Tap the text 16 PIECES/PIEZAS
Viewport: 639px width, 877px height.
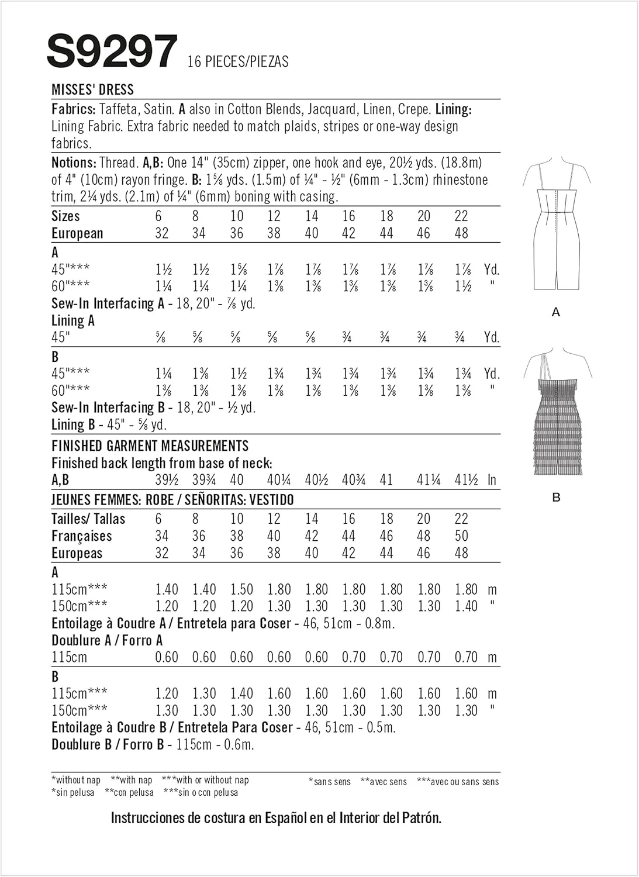tap(237, 61)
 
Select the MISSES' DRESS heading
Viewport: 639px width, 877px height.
tap(92, 89)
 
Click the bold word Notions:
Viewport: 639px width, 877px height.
tap(73, 163)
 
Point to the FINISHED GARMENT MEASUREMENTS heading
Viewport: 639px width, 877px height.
tap(150, 446)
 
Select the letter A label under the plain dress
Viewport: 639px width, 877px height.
tap(555, 312)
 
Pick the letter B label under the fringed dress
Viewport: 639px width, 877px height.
tap(556, 498)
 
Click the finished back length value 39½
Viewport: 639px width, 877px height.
tap(167, 480)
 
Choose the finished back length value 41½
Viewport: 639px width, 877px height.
tap(466, 480)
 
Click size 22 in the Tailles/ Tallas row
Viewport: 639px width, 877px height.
tap(461, 519)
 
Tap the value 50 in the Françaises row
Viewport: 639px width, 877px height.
tap(461, 536)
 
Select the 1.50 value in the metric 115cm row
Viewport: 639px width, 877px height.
tap(241, 589)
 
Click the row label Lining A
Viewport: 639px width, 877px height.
tap(73, 320)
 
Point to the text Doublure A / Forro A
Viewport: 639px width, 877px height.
tap(107, 640)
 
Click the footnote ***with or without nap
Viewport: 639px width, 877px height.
tap(205, 779)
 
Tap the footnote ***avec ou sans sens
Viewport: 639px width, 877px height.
tap(458, 781)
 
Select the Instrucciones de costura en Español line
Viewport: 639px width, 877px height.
tap(276, 817)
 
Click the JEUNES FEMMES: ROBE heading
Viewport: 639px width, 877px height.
tap(172, 500)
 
